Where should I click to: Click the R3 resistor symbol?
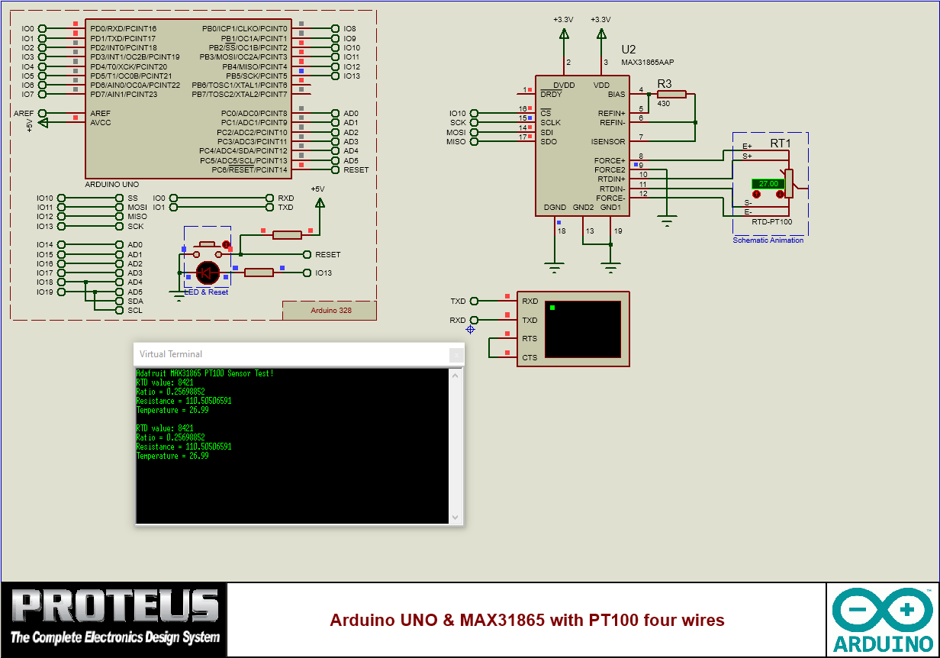(x=671, y=95)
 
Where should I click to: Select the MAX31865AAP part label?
(x=648, y=63)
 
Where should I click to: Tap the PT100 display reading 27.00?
(x=768, y=184)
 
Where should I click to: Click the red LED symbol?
(x=208, y=273)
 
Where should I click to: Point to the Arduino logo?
(x=884, y=619)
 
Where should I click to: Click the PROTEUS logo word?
(x=114, y=607)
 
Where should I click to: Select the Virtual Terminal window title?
(x=171, y=354)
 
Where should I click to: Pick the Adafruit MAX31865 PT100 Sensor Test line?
(x=204, y=373)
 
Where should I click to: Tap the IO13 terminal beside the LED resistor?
(x=324, y=273)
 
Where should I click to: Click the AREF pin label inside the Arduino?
(x=101, y=113)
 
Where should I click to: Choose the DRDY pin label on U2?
(x=551, y=95)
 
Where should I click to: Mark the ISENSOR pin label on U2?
(x=607, y=141)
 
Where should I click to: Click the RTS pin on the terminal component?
(x=530, y=338)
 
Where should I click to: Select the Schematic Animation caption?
(x=768, y=240)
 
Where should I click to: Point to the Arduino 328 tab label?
(x=331, y=311)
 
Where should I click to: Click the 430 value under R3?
(x=663, y=104)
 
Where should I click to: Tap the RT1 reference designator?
(x=781, y=143)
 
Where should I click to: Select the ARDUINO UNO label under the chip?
(x=111, y=185)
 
